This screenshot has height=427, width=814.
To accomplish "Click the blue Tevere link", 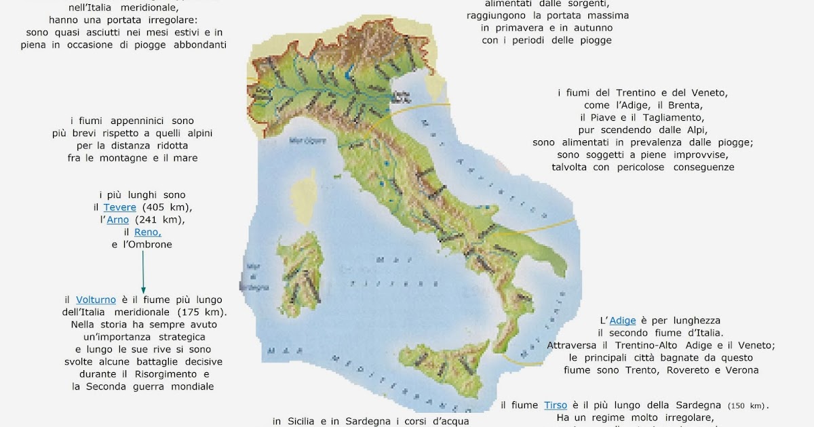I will (119, 207).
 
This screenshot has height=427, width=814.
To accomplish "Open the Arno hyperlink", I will (117, 220).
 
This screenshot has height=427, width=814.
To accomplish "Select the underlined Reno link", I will (148, 232).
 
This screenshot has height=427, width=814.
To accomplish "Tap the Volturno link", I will (96, 300).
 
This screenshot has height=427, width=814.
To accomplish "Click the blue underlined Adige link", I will (623, 321).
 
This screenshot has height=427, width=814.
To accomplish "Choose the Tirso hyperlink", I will (555, 405).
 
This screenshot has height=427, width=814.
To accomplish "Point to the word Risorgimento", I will (174, 374).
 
